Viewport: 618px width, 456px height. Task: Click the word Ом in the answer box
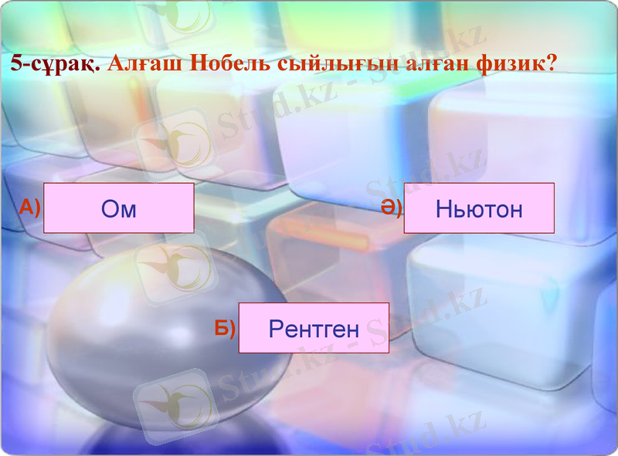[118, 209]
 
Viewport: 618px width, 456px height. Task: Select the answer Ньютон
[479, 208]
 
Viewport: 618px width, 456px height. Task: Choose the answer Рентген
[314, 329]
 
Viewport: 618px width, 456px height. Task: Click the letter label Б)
[225, 328]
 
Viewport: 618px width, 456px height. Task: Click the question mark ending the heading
[551, 62]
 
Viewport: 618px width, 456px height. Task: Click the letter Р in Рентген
[275, 329]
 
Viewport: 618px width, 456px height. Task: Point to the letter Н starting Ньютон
[442, 208]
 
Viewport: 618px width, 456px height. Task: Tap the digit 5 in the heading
[16, 62]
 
